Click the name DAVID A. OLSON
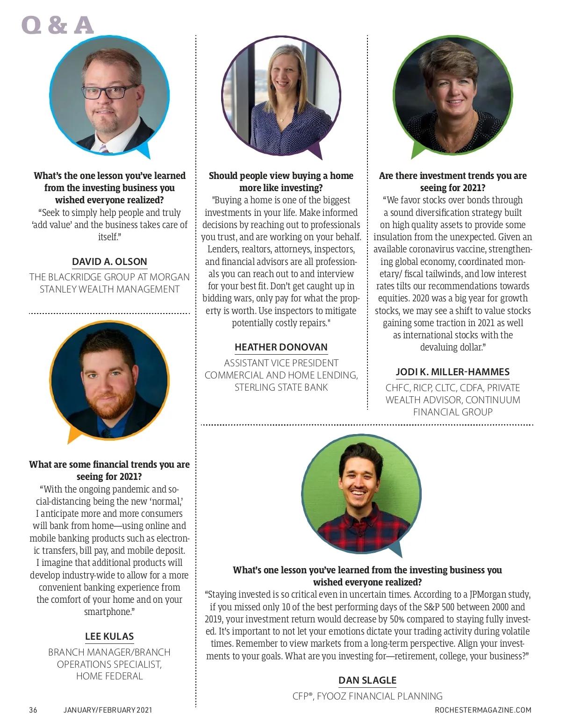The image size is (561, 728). coord(109,262)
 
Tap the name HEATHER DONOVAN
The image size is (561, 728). coord(281,347)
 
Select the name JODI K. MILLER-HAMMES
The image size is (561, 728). coord(453,372)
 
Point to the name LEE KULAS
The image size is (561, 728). coord(109,636)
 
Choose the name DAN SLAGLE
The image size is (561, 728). coord(367,680)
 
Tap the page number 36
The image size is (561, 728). coord(33,710)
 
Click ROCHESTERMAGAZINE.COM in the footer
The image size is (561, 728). coord(483,710)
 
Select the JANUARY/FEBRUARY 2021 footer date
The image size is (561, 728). coord(108,710)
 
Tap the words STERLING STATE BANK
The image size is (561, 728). coord(281,387)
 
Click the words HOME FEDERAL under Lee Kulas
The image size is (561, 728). coord(109,676)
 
